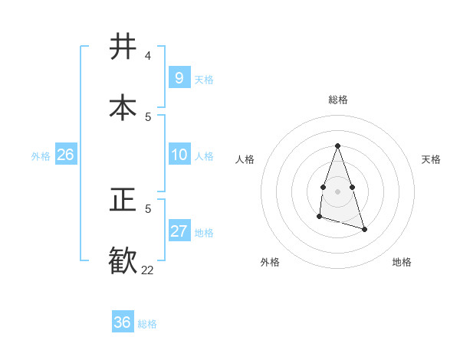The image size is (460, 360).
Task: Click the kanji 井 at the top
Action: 123,47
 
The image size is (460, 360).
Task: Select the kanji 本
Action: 123,106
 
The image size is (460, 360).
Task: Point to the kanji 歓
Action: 123,259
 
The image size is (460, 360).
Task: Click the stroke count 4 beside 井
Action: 148,56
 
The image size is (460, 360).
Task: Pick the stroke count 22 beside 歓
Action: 148,270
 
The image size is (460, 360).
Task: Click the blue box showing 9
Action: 179,77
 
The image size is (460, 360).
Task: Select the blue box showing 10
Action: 179,155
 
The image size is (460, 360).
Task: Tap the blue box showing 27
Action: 179,231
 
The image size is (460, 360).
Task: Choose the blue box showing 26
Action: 65,155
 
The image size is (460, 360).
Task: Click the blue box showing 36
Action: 122,322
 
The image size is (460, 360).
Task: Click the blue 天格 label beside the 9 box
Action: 204,79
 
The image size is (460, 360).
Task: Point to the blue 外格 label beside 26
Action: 41,156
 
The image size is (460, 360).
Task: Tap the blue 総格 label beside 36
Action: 147,324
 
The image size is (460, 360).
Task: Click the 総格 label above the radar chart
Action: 338,100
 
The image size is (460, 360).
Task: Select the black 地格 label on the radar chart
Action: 402,262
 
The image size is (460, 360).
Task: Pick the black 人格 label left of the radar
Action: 245,159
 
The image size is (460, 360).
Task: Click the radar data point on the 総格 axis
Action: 337,146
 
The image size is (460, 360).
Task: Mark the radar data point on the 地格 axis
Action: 364,229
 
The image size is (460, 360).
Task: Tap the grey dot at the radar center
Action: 337,190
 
